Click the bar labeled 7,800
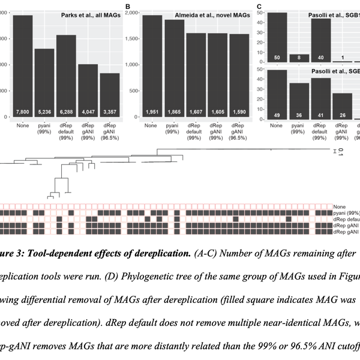click(x=23, y=66)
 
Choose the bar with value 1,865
click(x=175, y=68)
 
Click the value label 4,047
click(x=88, y=111)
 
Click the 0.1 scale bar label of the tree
click(x=340, y=152)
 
